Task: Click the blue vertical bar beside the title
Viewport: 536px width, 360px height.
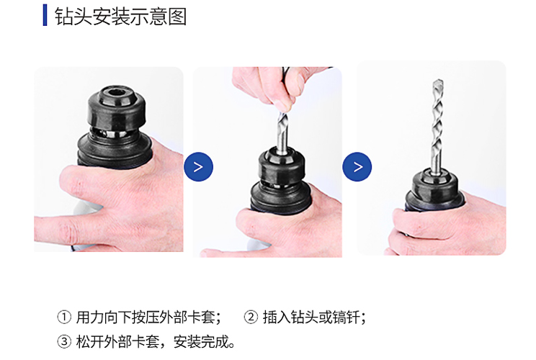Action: click(x=45, y=15)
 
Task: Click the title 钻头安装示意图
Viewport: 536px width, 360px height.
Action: click(x=120, y=16)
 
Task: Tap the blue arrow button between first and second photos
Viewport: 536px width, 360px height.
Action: click(x=198, y=166)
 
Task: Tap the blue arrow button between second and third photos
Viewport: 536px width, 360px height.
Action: click(x=357, y=166)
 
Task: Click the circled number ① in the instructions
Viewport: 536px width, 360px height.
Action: click(x=64, y=317)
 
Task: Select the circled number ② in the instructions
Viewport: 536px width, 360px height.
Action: click(x=251, y=317)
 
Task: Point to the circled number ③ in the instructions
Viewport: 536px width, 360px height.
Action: click(x=64, y=341)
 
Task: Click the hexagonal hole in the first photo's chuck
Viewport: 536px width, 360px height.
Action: click(x=117, y=93)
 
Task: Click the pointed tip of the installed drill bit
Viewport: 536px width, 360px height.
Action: click(x=438, y=81)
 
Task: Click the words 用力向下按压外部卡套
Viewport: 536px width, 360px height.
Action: click(x=146, y=318)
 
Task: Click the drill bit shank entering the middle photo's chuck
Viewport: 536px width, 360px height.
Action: click(x=282, y=140)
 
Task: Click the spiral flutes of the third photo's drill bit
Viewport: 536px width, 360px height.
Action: click(x=437, y=127)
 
